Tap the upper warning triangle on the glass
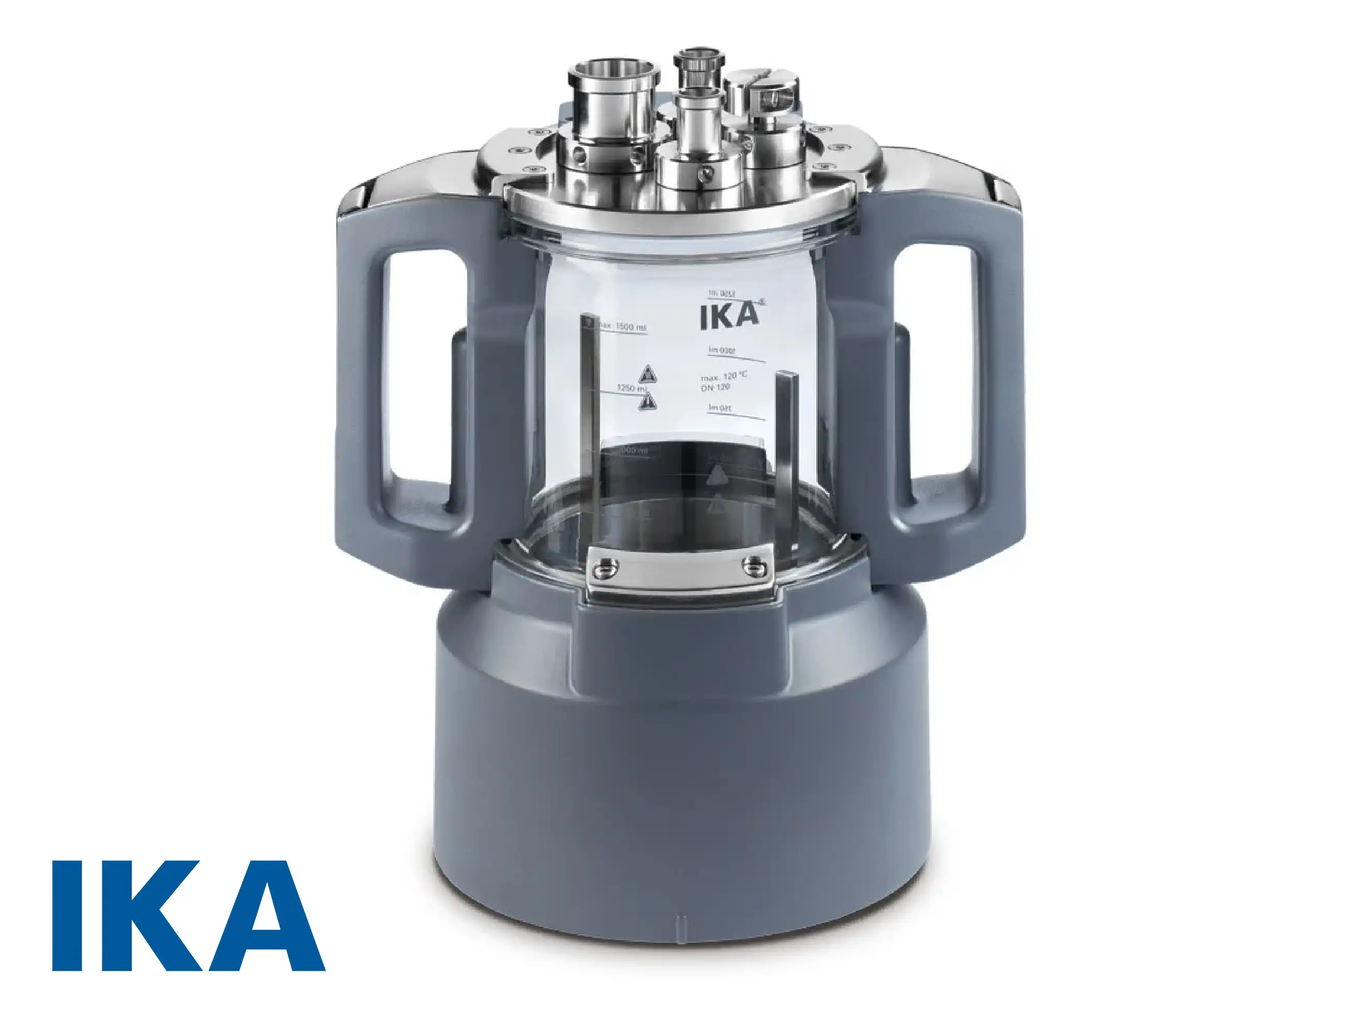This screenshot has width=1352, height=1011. click(646, 374)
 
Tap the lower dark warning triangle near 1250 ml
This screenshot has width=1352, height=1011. click(647, 402)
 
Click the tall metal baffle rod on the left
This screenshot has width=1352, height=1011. click(589, 428)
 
